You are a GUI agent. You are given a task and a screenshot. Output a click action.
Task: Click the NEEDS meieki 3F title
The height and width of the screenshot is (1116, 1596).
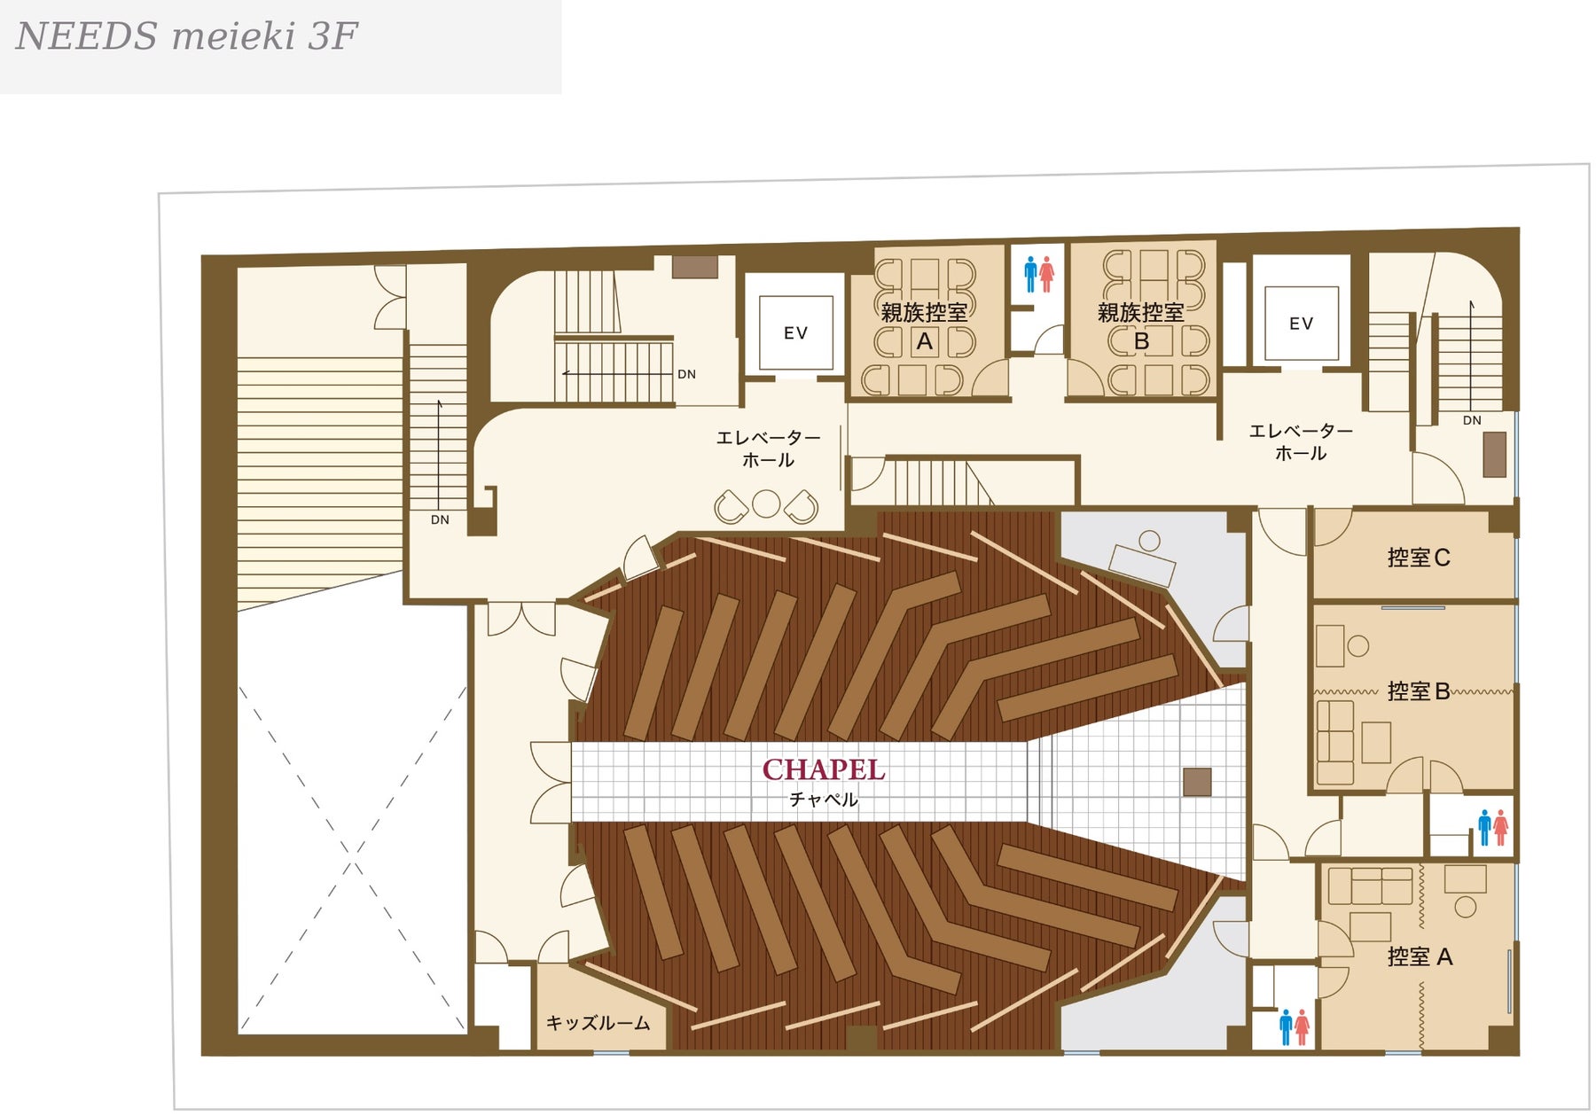tap(186, 37)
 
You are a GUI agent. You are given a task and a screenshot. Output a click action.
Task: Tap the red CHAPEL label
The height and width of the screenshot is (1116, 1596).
tap(824, 769)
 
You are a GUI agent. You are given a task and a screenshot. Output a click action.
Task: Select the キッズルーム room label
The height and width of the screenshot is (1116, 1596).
tap(598, 1023)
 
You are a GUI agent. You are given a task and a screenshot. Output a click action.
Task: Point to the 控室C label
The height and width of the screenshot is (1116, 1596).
tap(1419, 558)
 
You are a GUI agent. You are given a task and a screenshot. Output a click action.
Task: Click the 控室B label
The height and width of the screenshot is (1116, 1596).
tap(1419, 691)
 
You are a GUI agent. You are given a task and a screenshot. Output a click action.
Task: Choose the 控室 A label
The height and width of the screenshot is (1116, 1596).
tap(1420, 956)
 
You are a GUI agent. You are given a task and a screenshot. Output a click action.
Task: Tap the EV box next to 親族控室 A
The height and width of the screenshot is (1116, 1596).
tap(795, 332)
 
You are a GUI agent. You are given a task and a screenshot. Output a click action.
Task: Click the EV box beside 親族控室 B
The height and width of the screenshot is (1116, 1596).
tap(1301, 324)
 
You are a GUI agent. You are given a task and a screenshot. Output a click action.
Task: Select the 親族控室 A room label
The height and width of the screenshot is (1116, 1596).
tap(924, 326)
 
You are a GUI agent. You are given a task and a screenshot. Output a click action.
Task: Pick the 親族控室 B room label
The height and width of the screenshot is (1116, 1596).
tap(1141, 326)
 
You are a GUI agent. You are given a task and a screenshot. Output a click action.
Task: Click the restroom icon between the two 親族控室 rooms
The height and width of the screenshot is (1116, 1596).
tap(1038, 275)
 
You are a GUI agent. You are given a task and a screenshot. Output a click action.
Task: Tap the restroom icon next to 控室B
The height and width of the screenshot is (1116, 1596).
tap(1493, 827)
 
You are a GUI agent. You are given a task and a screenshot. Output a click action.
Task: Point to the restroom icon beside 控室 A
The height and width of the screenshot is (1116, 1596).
tap(1295, 1027)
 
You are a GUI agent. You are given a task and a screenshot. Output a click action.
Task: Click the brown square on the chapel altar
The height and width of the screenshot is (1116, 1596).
tap(1197, 782)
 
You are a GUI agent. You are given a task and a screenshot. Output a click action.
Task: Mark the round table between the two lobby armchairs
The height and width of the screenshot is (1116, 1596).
tap(766, 503)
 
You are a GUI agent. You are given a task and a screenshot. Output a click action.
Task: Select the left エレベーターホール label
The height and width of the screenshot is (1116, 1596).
tap(768, 449)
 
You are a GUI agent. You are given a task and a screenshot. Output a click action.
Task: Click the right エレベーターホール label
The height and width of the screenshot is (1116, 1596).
tap(1301, 441)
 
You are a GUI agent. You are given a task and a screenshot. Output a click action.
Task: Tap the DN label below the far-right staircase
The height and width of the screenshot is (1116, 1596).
tap(1472, 420)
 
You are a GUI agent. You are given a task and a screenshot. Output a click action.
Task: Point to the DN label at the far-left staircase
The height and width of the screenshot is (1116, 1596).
tap(440, 519)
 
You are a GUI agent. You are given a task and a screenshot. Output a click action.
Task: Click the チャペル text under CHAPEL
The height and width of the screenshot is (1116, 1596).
tap(824, 800)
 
